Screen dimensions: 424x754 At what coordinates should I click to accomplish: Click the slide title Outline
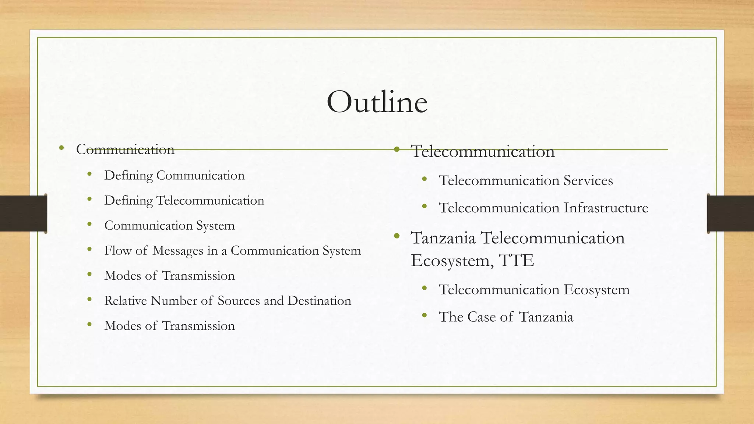pyautogui.click(x=377, y=102)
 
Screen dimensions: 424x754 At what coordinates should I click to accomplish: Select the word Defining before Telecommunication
pyautogui.click(x=128, y=201)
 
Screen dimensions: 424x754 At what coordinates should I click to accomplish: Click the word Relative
pyautogui.click(x=125, y=301)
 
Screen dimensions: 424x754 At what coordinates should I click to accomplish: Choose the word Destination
pyautogui.click(x=319, y=301)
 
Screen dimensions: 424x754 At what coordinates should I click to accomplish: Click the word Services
pyautogui.click(x=588, y=181)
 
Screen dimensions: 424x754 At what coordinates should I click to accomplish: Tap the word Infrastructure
pyautogui.click(x=606, y=208)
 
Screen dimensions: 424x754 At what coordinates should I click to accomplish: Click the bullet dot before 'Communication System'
pyautogui.click(x=89, y=224)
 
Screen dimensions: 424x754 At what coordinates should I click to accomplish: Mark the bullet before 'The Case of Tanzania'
pyautogui.click(x=424, y=315)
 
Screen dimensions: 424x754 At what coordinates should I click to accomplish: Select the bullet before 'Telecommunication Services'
pyautogui.click(x=424, y=179)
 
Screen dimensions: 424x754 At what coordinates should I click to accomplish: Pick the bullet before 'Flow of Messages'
pyautogui.click(x=89, y=249)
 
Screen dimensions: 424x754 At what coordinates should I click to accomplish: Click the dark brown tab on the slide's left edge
pyautogui.click(x=23, y=213)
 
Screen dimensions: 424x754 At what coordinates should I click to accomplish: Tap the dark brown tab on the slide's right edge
pyautogui.click(x=730, y=213)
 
